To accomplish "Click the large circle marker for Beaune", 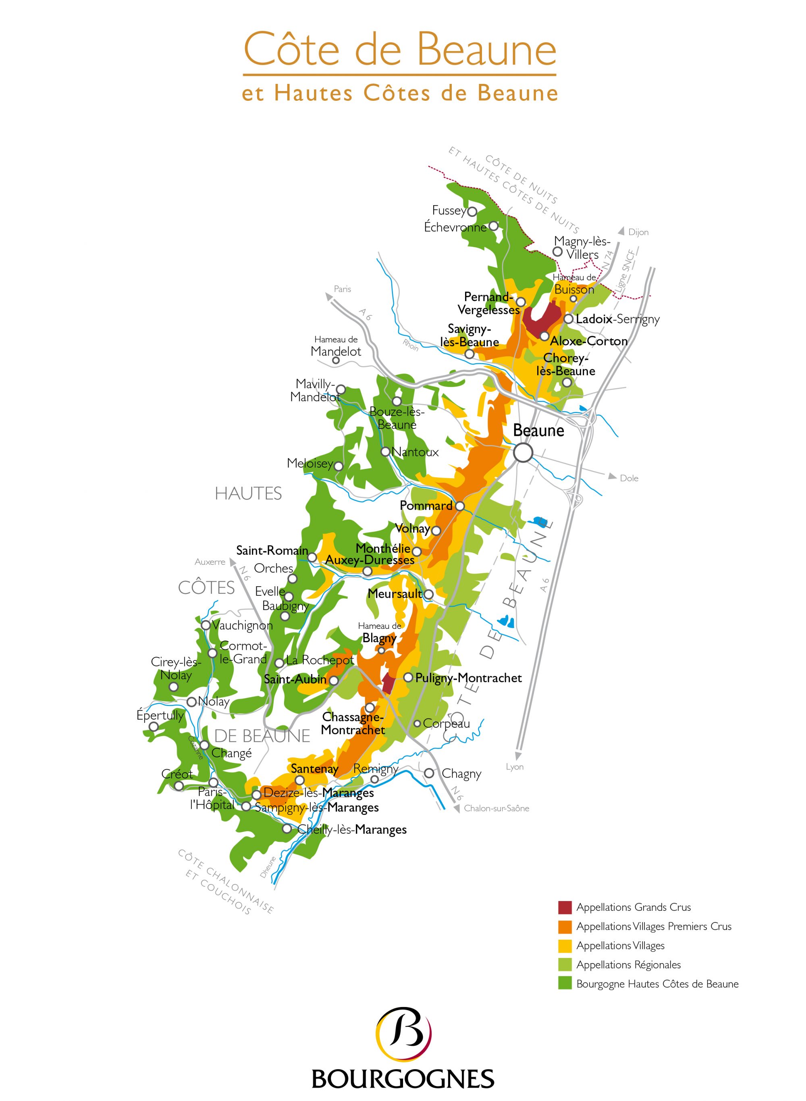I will [523, 452].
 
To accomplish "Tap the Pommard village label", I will [426, 506].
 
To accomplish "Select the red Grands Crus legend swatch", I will [565, 907].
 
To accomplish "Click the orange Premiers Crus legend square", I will [565, 926].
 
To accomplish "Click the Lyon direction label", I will [514, 767].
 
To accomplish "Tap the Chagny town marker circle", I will [429, 773].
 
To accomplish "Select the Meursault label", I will [394, 594].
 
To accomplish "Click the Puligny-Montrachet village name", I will [468, 678].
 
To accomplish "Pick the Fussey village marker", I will [472, 211].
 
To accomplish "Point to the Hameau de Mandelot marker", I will [336, 360].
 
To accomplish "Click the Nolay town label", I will [213, 701].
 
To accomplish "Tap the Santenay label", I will [314, 769].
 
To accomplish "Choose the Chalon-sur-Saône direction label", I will [496, 808].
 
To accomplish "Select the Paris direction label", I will [342, 289].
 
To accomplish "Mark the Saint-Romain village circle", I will [312, 557].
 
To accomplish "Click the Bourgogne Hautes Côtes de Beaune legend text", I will [657, 984].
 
